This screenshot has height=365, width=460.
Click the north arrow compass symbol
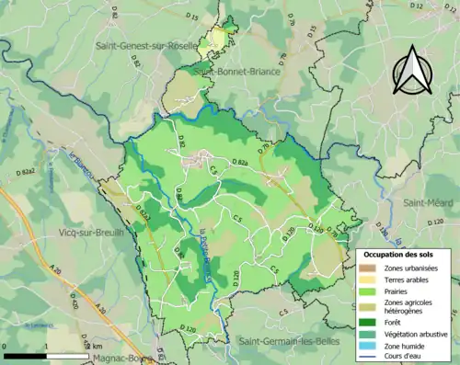click(414, 70)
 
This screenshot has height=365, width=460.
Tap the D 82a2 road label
click(34, 172)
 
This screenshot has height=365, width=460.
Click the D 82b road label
click(240, 163)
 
